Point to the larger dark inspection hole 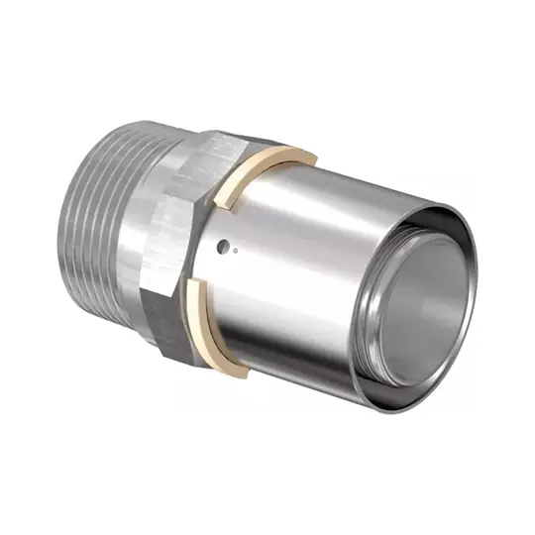(x=227, y=242)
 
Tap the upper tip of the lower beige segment (x=189, y=281)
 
